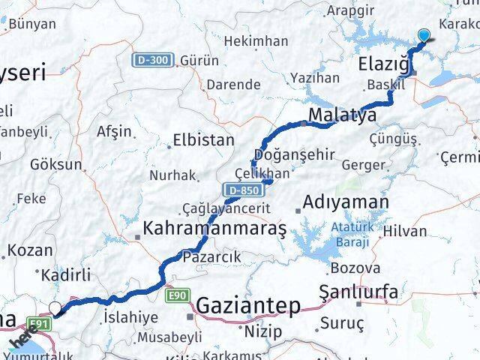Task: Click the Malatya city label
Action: pyautogui.click(x=341, y=116)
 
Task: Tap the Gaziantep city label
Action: pyautogui.click(x=248, y=306)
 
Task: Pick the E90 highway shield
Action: pyautogui.click(x=178, y=295)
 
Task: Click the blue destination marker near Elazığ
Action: pyautogui.click(x=424, y=35)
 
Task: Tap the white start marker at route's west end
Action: pyautogui.click(x=55, y=307)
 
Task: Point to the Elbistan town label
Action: pyautogui.click(x=203, y=140)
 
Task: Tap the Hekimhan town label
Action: pyautogui.click(x=256, y=41)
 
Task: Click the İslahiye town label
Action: pyautogui.click(x=131, y=317)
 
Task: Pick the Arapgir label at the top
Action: pyautogui.click(x=354, y=10)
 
